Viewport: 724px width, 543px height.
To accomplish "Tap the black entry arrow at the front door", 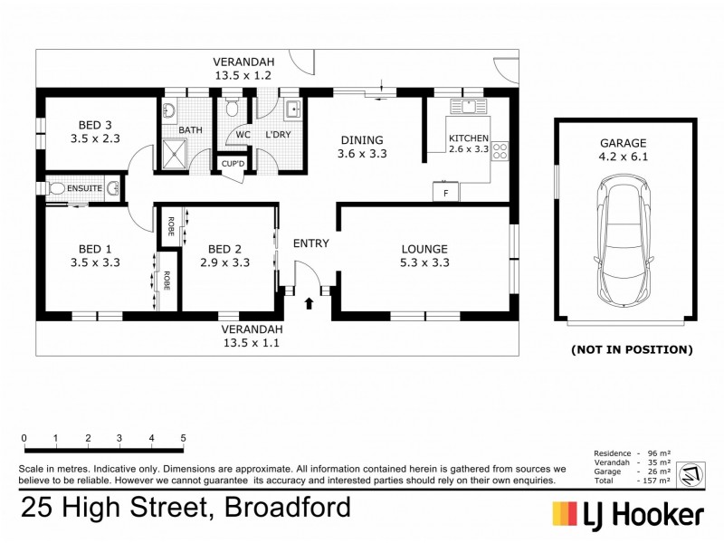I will pos(310,303).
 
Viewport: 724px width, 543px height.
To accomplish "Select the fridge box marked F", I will pos(445,192).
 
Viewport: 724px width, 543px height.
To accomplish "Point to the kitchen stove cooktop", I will pos(500,154).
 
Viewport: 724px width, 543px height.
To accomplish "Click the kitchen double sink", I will pos(469,106).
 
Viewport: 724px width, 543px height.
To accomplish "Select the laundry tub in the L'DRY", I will pos(294,110).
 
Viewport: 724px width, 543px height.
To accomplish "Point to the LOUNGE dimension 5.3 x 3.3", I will pos(424,263).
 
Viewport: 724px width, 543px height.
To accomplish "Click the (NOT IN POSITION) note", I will pos(631,349).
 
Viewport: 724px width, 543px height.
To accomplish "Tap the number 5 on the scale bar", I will pos(184,438).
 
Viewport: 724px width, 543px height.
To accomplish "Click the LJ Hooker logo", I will pos(628,514).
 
